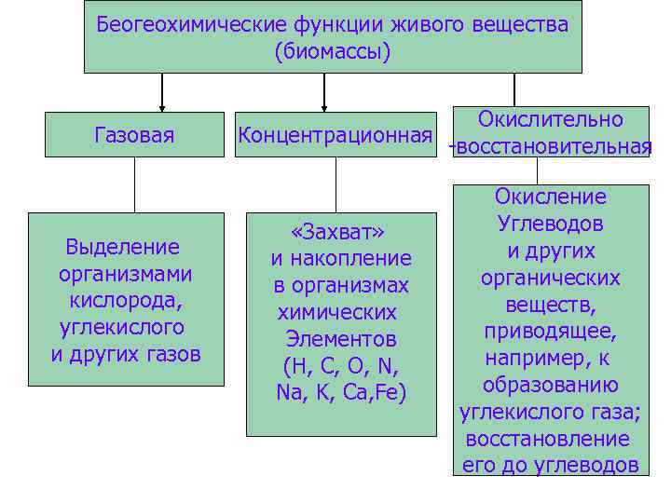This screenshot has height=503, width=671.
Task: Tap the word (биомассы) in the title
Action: click(333, 52)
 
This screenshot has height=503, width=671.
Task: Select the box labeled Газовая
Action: click(134, 135)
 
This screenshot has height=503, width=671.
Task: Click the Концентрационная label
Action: click(335, 135)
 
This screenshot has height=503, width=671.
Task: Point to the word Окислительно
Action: click(550, 119)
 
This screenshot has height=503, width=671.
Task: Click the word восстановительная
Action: click(553, 147)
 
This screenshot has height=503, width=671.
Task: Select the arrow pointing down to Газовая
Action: click(163, 94)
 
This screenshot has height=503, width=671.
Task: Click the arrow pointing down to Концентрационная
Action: click(324, 94)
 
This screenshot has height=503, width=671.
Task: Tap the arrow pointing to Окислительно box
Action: click(514, 88)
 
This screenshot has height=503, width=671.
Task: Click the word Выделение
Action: click(122, 248)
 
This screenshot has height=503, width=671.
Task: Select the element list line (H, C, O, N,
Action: click(340, 365)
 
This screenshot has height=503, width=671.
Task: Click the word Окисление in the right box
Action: click(551, 197)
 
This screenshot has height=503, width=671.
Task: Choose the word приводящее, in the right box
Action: click(551, 331)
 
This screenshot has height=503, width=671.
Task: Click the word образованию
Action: click(551, 385)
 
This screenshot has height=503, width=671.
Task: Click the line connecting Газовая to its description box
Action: click(134, 184)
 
